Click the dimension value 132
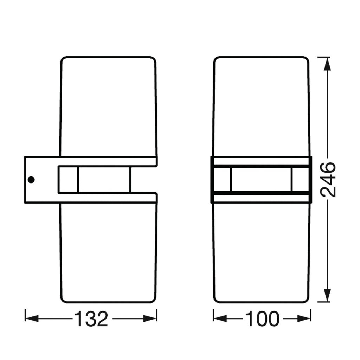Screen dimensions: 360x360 coord(91,319)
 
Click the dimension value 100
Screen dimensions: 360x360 coord(262,319)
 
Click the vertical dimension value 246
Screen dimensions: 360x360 coord(328,180)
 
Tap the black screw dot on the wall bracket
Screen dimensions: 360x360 coord(31,180)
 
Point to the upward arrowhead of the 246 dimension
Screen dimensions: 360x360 coord(328,64)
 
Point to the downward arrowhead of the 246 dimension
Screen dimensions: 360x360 coord(328,295)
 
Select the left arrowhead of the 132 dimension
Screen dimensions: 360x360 coord(32,319)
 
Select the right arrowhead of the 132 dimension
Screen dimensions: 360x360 coord(150,319)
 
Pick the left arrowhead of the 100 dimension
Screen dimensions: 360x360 coord(220,319)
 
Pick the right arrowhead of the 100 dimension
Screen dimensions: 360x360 coord(304,319)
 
